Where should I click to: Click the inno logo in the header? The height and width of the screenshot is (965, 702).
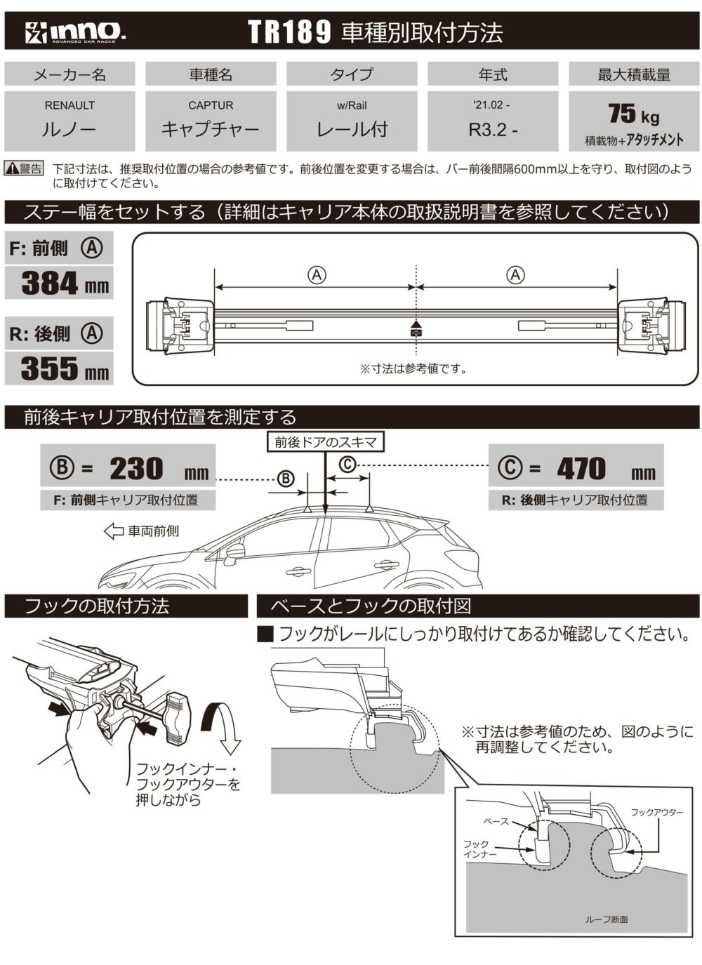[x=76, y=32]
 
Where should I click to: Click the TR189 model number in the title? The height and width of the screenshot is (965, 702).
[x=289, y=32]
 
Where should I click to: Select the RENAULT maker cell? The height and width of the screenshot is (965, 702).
[x=69, y=121]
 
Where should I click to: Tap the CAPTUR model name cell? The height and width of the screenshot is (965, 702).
[x=211, y=121]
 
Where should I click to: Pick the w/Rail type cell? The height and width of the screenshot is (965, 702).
[x=352, y=121]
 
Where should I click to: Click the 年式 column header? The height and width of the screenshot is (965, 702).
[x=492, y=74]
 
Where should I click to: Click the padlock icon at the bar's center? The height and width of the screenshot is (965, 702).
[x=416, y=331]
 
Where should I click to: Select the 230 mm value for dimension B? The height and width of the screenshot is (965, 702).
[x=137, y=469]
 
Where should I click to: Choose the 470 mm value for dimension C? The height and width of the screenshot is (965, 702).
[x=581, y=469]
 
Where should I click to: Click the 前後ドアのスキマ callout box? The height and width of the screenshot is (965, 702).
[x=326, y=441]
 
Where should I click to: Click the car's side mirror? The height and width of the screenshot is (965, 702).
[x=234, y=552]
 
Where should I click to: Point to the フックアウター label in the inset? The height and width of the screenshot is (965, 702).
[x=656, y=812]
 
